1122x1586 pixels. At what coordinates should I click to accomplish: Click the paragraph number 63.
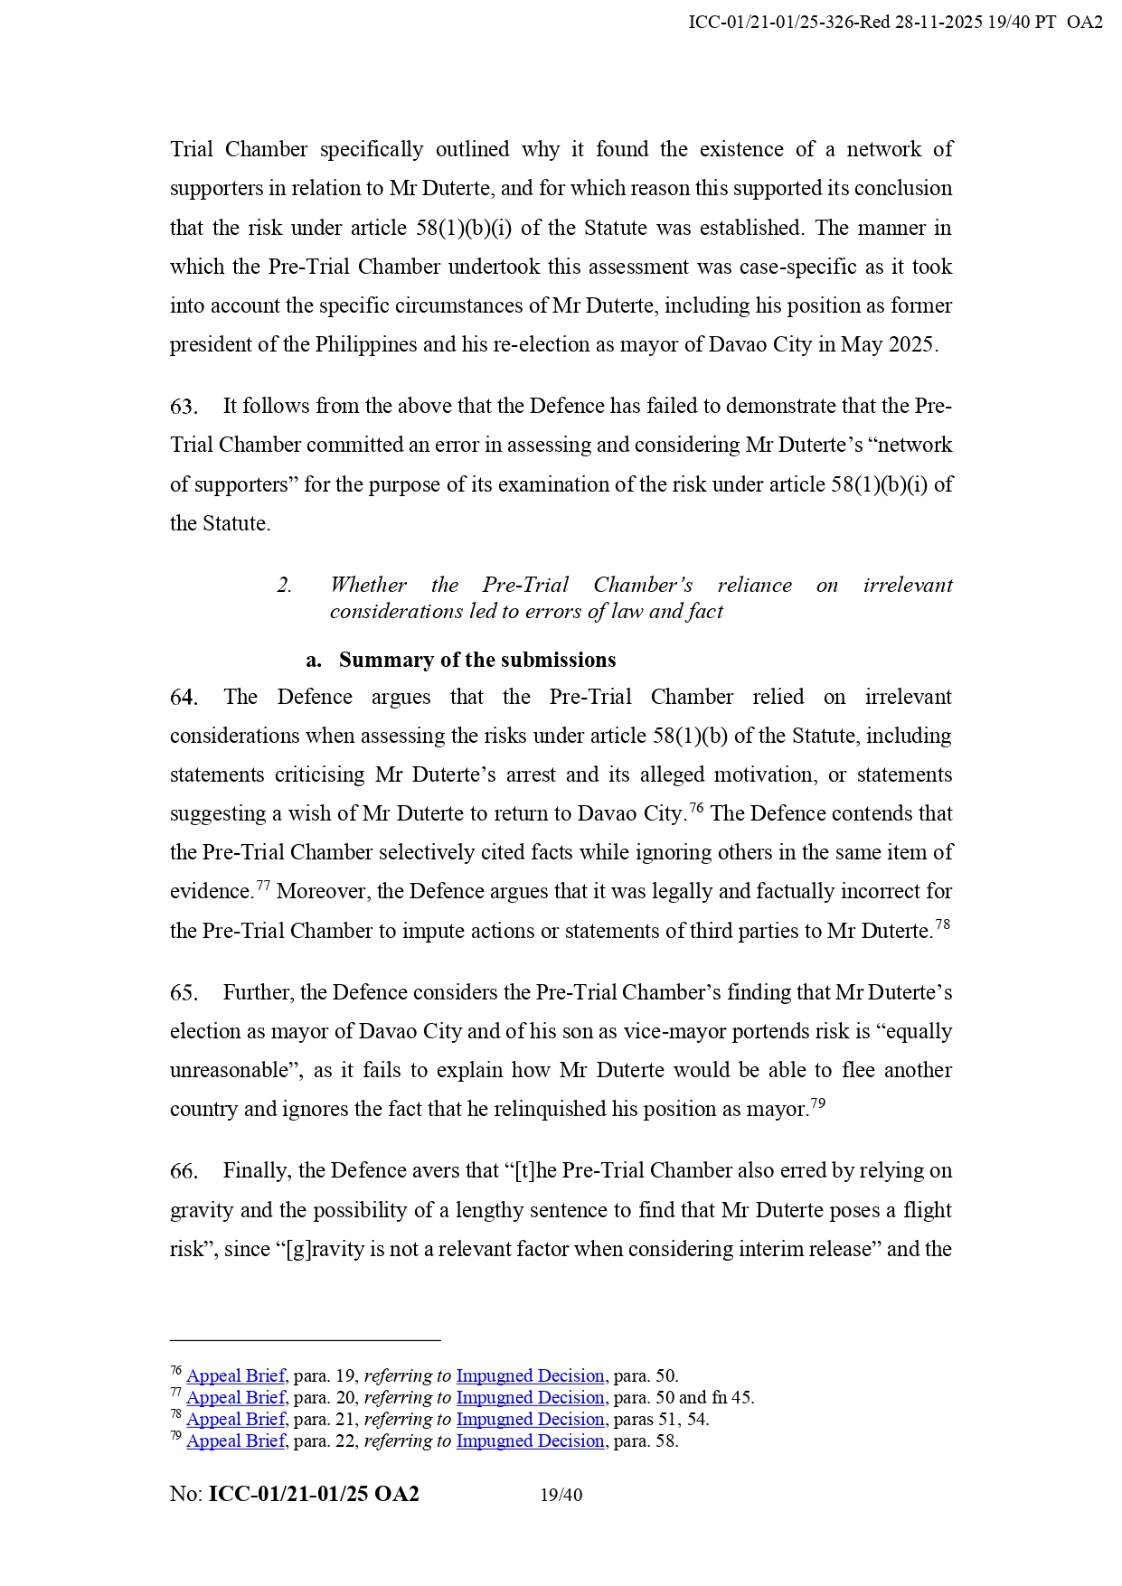click(x=183, y=407)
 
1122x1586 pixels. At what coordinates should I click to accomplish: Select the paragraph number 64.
click(x=183, y=698)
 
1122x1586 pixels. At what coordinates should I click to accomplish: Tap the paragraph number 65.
click(x=183, y=993)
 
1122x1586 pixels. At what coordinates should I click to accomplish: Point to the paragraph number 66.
click(x=183, y=1171)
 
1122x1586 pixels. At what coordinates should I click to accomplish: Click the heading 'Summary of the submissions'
click(x=476, y=661)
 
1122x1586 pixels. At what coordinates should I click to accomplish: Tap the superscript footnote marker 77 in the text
click(x=263, y=886)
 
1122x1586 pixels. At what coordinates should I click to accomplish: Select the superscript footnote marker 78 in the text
click(x=942, y=924)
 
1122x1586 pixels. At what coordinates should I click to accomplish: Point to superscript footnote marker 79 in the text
click(x=817, y=1103)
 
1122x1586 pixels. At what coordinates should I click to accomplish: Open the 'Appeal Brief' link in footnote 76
click(x=235, y=1376)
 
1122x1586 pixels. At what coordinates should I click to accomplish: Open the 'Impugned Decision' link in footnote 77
click(x=530, y=1398)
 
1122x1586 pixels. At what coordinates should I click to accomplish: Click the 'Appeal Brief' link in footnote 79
click(x=235, y=1441)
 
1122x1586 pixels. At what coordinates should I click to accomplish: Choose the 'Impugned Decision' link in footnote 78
click(x=530, y=1420)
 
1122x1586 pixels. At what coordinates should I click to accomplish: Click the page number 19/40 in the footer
click(x=561, y=1496)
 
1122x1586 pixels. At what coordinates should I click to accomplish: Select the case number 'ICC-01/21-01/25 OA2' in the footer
click(x=314, y=1495)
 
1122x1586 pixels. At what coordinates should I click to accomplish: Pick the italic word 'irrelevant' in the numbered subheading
click(x=907, y=586)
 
